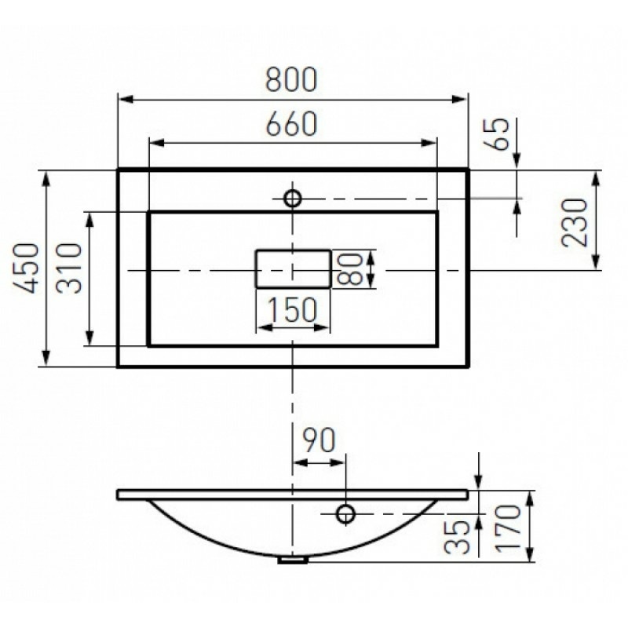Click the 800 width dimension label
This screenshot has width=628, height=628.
coord(291,79)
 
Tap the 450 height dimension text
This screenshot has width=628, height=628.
coord(27,268)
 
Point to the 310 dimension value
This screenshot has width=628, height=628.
coord(69,268)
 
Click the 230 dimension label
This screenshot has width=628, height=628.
coord(575,223)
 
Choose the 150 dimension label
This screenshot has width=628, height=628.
coord(292,309)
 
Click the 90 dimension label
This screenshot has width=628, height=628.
coord(319,440)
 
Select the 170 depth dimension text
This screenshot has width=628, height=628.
coord(508,528)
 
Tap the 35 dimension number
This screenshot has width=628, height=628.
coord(457,537)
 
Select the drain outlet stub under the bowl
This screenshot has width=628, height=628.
coord(293,559)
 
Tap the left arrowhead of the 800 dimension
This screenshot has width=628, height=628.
coord(126,99)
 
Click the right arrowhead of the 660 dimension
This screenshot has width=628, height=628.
coord(428,143)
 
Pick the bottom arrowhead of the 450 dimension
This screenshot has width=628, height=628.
coord(46,357)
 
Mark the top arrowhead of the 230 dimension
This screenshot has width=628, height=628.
coord(596,179)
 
